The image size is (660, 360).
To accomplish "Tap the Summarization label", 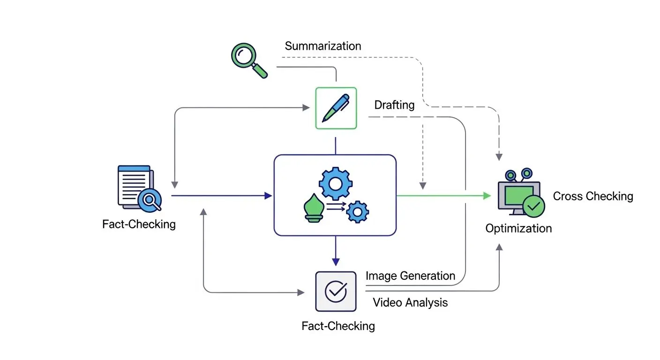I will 323,46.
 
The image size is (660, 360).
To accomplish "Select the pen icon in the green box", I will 336,108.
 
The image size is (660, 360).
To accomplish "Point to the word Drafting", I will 394,105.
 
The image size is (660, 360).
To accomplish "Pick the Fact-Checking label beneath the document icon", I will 139,224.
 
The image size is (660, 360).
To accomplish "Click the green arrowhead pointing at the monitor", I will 487,195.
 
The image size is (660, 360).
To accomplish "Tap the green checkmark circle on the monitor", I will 533,205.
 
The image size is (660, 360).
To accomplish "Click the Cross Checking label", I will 593,196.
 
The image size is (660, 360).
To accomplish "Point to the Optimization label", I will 518,229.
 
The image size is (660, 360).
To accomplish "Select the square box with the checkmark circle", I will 336,291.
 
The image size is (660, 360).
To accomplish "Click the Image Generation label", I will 410,276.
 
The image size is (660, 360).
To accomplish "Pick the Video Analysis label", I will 410,302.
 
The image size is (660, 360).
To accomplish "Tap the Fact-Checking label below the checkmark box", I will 338,325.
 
